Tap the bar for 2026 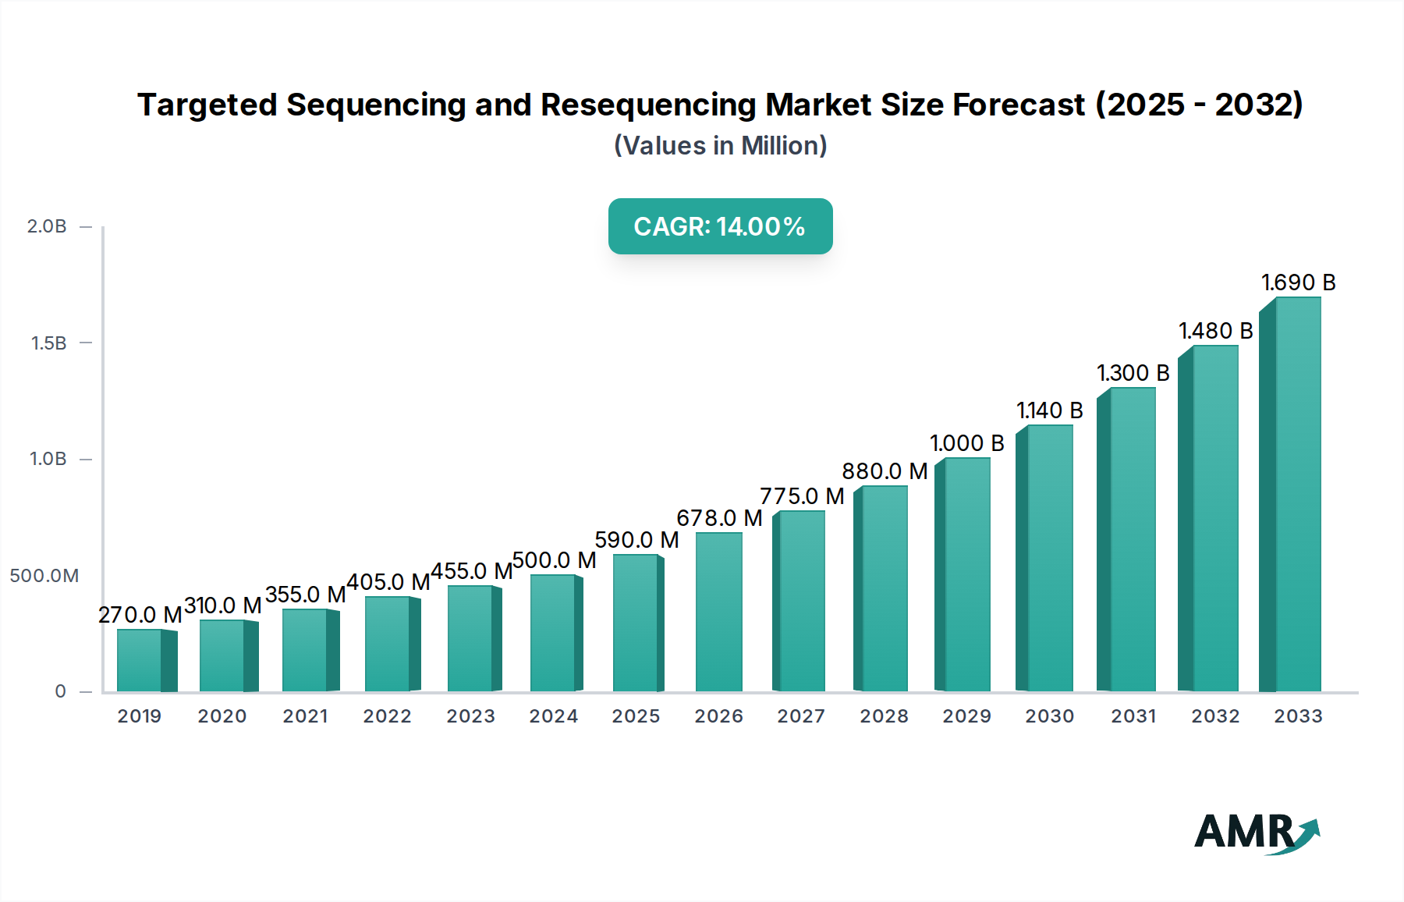[x=718, y=612]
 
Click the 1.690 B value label [x=1298, y=282]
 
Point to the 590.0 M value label [x=636, y=540]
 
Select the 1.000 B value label [x=966, y=443]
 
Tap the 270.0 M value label [x=140, y=615]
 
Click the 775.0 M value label [x=802, y=496]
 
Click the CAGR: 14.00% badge [x=720, y=226]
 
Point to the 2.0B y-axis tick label [x=47, y=226]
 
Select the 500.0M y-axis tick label [x=44, y=576]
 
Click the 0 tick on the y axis [x=61, y=691]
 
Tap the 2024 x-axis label [x=553, y=716]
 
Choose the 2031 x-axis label [x=1133, y=716]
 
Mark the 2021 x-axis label [x=305, y=716]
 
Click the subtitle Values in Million [x=720, y=146]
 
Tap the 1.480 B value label [x=1215, y=331]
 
